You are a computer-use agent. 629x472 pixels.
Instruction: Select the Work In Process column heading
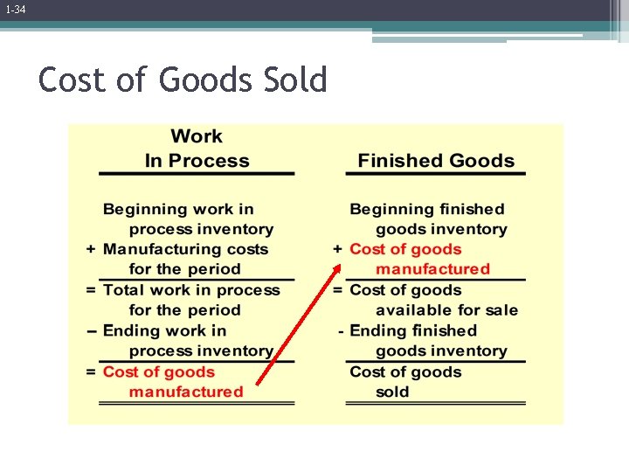197,149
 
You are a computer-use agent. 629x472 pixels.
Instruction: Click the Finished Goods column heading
436,161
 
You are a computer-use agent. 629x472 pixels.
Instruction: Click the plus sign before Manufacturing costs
91,249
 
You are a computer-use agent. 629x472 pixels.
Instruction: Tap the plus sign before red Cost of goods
337,249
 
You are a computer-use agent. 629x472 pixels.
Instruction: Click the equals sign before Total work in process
91,290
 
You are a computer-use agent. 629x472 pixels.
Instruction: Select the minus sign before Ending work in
92,331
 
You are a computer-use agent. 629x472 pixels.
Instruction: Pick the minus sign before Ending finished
341,331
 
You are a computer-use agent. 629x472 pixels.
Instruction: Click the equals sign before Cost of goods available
337,290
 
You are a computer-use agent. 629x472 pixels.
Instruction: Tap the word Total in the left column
123,290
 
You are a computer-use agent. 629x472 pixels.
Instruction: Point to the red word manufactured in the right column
432,269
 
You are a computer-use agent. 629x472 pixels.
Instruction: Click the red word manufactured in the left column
186,392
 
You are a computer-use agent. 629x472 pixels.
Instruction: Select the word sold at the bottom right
392,392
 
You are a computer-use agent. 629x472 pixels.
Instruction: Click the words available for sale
446,310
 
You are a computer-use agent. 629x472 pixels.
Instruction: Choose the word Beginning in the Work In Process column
144,209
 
